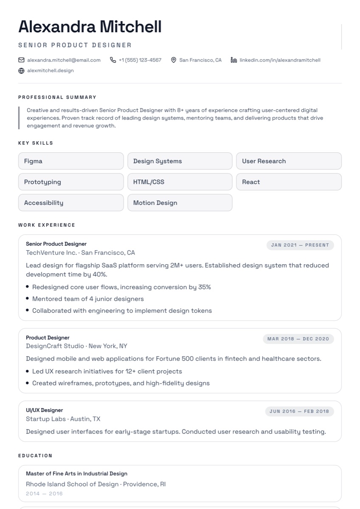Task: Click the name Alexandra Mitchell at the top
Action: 90,27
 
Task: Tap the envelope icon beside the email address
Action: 21,60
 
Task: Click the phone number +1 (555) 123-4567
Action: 140,60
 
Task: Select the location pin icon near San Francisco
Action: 174,60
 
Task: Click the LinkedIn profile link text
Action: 280,60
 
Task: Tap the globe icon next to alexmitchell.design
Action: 21,70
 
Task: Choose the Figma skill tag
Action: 71,161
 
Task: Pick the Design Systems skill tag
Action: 180,161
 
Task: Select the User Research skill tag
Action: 289,161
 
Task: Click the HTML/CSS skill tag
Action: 180,182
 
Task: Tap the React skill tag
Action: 289,182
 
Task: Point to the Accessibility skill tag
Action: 71,203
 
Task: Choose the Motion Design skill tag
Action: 180,203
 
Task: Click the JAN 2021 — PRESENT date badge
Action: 300,245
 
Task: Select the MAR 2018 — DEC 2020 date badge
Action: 298,338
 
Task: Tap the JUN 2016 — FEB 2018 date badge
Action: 299,411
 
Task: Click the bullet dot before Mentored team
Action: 28,299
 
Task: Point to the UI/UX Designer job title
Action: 44,410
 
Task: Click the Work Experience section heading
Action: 47,225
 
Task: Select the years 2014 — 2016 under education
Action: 44,493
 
